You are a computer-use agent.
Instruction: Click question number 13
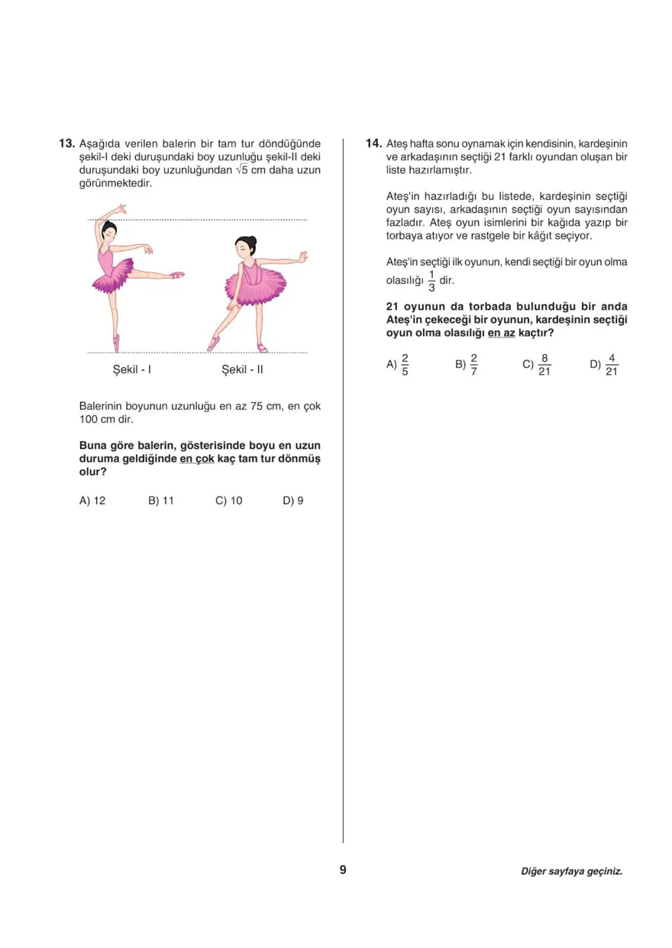click(x=67, y=143)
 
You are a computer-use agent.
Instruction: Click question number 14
click(x=373, y=143)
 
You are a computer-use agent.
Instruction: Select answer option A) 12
click(x=92, y=501)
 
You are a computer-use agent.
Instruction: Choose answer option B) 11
click(x=161, y=501)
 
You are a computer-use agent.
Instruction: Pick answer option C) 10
click(x=229, y=501)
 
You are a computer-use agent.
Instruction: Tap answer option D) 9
click(x=293, y=501)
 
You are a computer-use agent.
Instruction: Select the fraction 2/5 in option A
click(x=405, y=365)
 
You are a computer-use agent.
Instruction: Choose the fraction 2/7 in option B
click(x=473, y=365)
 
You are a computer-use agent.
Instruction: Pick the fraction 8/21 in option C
click(x=544, y=365)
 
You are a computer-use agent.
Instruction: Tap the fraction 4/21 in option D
click(x=611, y=365)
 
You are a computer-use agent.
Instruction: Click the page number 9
click(x=343, y=870)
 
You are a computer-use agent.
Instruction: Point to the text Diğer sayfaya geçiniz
click(x=571, y=871)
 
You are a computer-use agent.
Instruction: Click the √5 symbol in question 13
click(x=241, y=169)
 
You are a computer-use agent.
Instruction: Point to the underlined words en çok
click(x=197, y=459)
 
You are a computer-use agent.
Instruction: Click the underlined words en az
click(x=501, y=333)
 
